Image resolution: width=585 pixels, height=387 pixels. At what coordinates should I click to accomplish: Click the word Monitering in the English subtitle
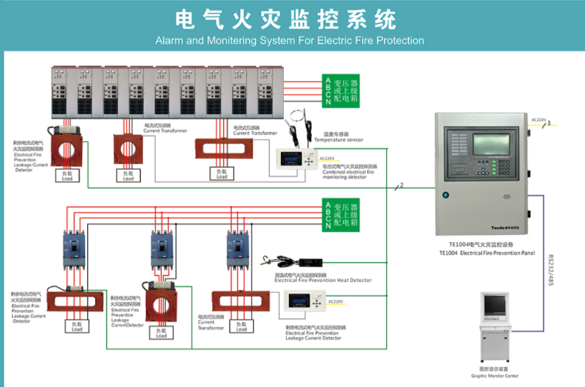click(229, 41)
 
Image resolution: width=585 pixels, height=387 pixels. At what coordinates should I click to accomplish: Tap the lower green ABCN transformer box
click(340, 215)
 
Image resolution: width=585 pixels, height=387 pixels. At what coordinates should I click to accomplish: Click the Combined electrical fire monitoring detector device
click(295, 161)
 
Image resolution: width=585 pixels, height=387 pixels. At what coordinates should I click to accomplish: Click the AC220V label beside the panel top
click(539, 120)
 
